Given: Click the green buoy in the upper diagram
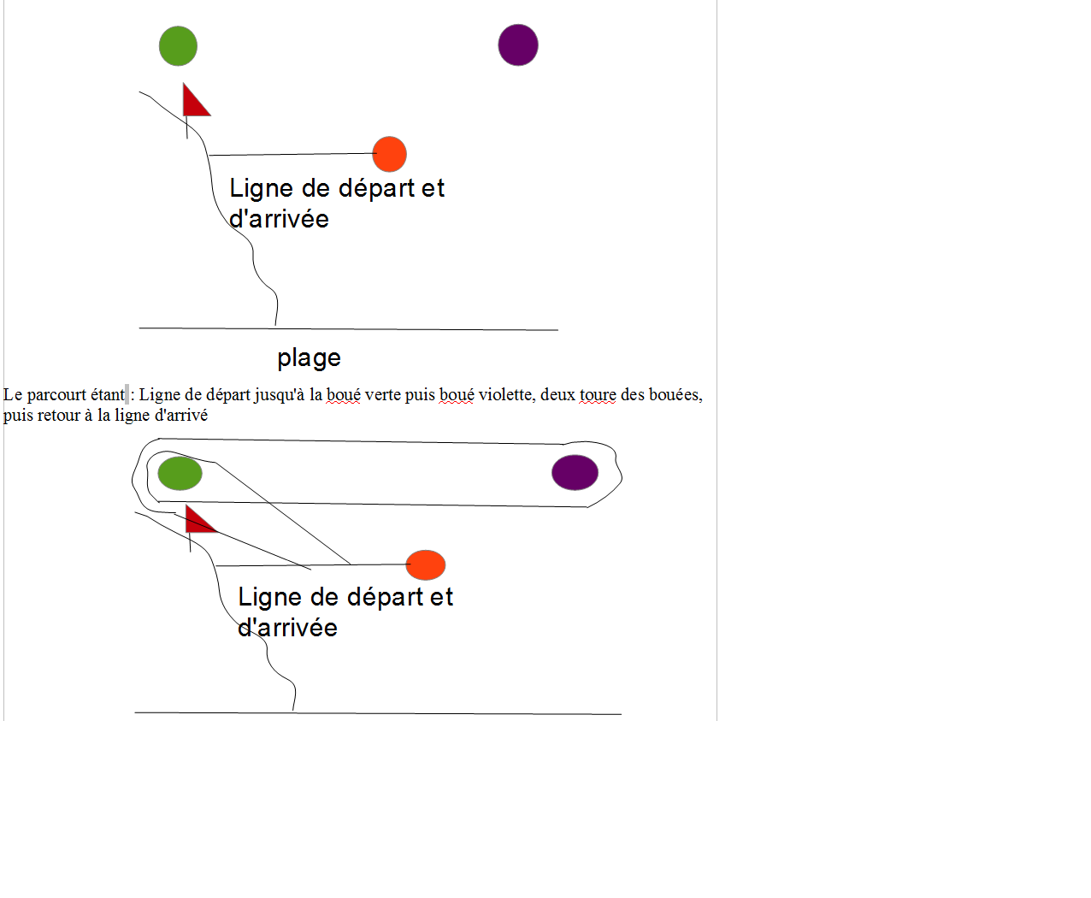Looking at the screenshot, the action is click(x=178, y=46).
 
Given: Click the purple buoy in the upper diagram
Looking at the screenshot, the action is click(x=518, y=45).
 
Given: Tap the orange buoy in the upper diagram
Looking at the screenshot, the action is click(x=390, y=154).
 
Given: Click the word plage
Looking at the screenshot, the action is click(x=309, y=358).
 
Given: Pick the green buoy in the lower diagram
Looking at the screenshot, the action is click(x=180, y=474).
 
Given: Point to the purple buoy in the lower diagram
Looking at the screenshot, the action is click(x=575, y=473).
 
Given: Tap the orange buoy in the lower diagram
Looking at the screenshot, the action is click(x=425, y=565).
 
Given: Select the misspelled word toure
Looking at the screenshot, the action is click(x=598, y=395).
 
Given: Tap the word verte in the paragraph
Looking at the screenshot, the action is click(x=383, y=395).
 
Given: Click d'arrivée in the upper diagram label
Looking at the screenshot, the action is click(x=279, y=219).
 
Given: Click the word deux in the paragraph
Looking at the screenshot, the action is click(x=557, y=395).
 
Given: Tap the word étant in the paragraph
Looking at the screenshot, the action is click(x=108, y=395).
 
